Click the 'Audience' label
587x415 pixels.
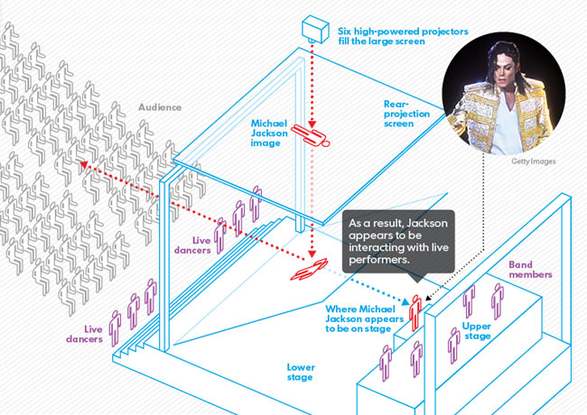point(160,107)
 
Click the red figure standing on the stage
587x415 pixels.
point(416,312)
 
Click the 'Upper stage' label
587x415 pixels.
point(476,330)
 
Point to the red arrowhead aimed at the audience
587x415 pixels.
point(82,163)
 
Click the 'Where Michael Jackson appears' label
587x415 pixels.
point(360,318)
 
